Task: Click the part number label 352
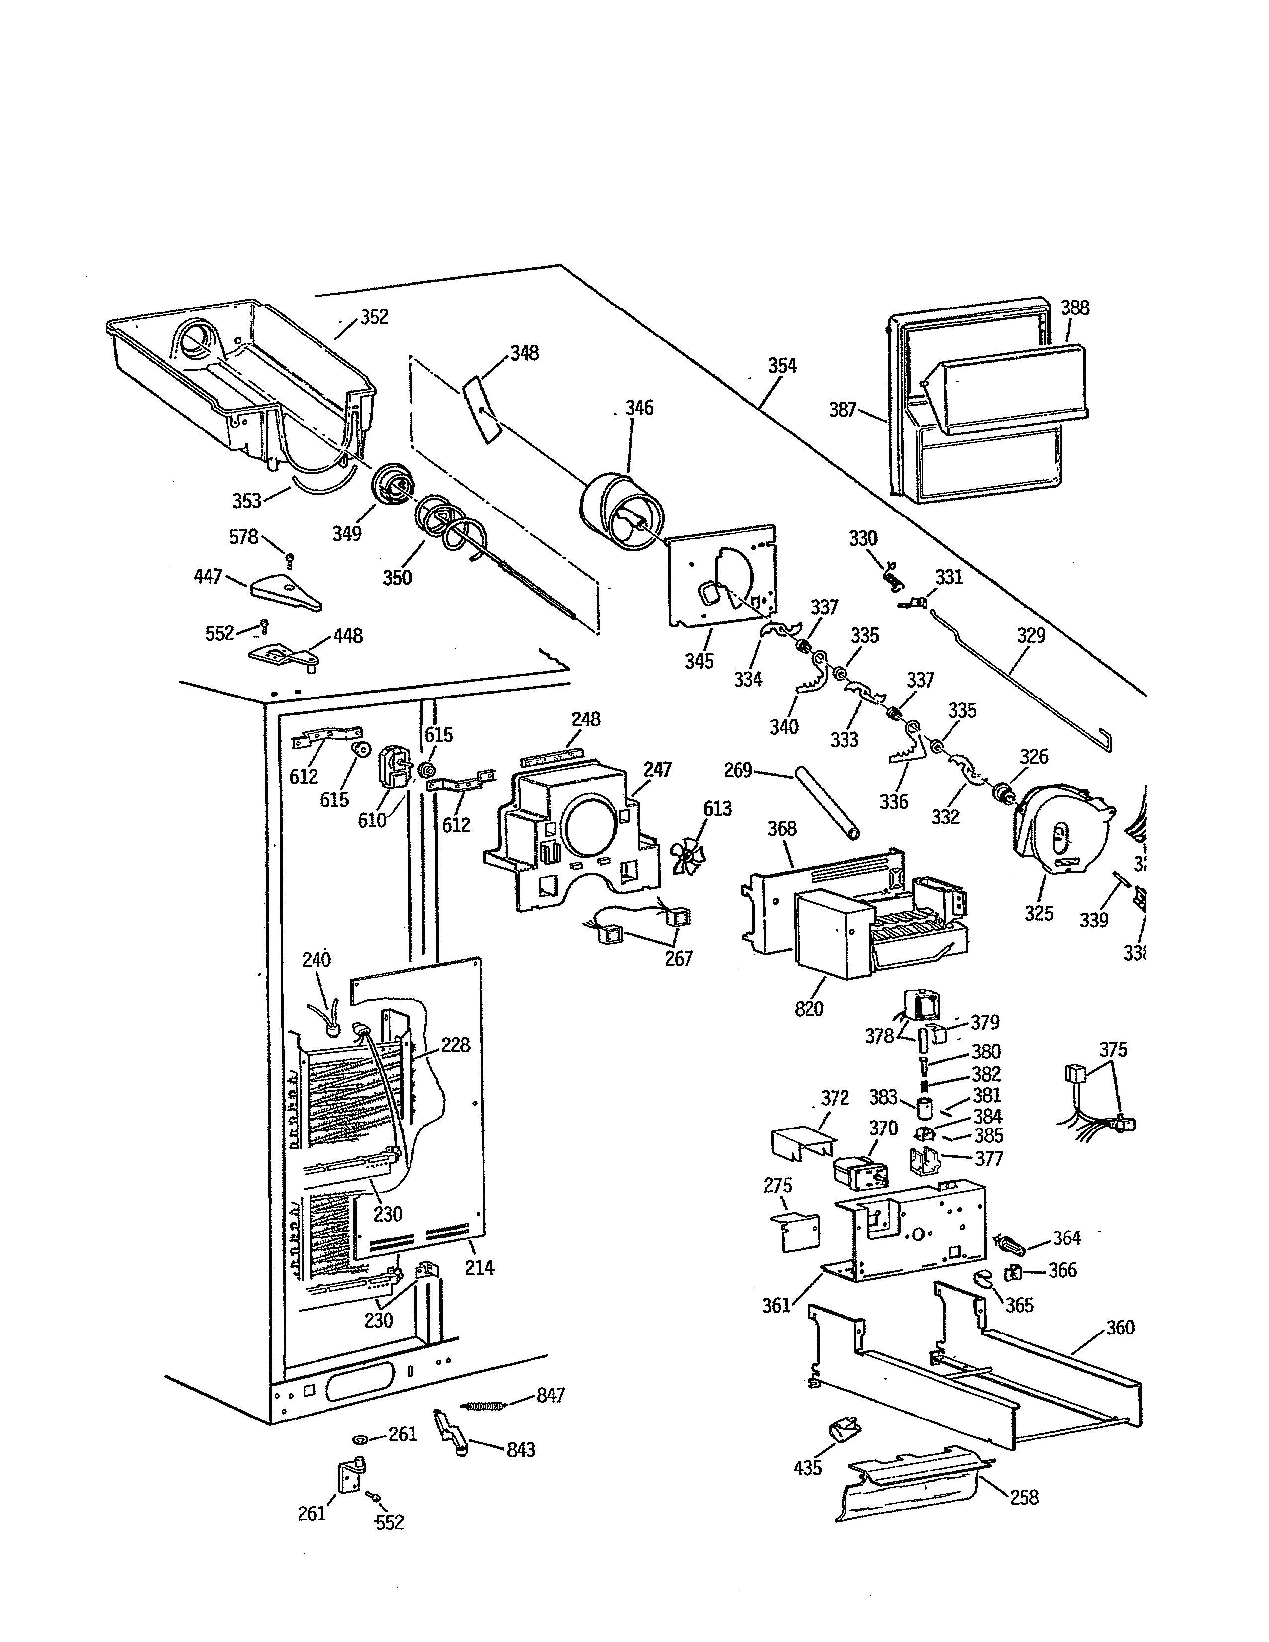374,317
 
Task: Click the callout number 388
1075,308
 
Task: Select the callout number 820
809,1008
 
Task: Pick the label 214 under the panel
479,1268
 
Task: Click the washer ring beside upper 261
361,1439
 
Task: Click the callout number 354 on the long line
782,366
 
